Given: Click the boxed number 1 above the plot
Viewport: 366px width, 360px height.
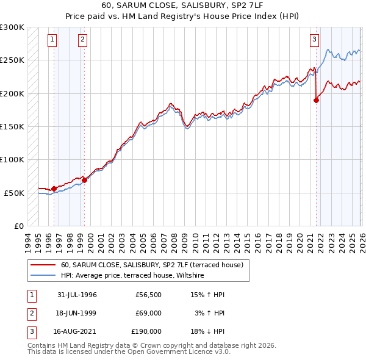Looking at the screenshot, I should (x=52, y=40).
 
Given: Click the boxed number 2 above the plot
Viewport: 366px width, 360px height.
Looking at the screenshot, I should (x=82, y=40).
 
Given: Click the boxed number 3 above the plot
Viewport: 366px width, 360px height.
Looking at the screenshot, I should (x=315, y=40).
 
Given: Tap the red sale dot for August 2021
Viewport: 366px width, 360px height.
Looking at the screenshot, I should (x=316, y=101).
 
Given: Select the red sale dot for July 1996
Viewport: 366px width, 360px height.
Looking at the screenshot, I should (x=54, y=189).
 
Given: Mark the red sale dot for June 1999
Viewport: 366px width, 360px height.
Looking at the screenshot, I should (x=84, y=180).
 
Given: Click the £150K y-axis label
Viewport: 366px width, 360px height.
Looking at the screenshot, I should (x=12, y=127).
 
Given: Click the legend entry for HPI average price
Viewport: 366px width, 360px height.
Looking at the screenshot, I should (x=132, y=276).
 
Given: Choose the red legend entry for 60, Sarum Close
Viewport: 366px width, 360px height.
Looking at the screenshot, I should (x=152, y=265).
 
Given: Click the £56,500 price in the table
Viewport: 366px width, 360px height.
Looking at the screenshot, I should (x=149, y=295).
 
